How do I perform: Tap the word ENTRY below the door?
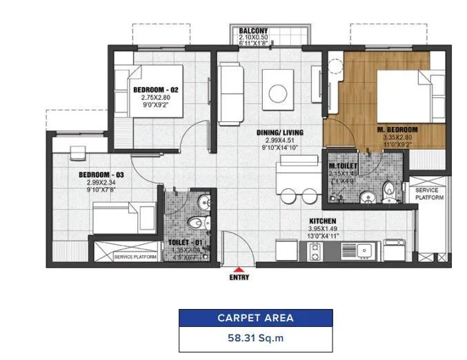pyautogui.click(x=239, y=279)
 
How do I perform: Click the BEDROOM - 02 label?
pyautogui.click(x=157, y=90)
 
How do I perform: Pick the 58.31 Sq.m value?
pyautogui.click(x=255, y=339)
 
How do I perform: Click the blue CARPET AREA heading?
pyautogui.click(x=255, y=318)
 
